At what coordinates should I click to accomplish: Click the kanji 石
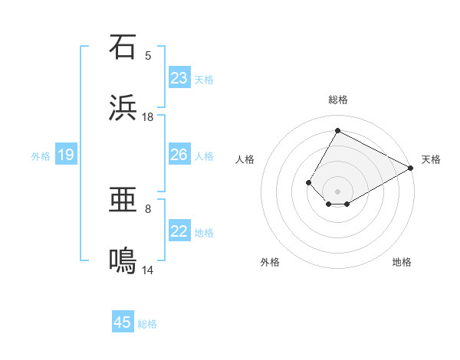coord(123,47)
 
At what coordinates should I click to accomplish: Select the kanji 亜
coord(123,201)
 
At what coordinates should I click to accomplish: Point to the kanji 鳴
coord(123,262)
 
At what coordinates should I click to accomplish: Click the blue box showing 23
coord(179,78)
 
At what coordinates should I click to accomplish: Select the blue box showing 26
coord(179,155)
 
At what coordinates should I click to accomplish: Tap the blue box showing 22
coord(179,231)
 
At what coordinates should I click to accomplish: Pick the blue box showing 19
coord(66,155)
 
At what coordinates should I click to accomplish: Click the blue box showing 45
coord(123,322)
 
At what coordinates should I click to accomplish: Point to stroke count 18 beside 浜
coord(148,117)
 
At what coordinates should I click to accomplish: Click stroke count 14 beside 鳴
coord(148,270)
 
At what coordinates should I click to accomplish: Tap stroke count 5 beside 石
coord(148,55)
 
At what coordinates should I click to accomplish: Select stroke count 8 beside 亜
coord(148,208)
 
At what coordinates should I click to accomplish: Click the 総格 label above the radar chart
coord(337,100)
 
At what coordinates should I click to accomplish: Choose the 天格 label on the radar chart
coord(431,159)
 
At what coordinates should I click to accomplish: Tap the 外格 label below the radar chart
coord(270,262)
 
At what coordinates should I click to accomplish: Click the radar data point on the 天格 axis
coord(411,168)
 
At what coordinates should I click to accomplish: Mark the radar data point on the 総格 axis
coord(337,130)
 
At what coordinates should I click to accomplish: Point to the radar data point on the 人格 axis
coord(308,182)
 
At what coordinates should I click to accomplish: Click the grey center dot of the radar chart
coord(337,191)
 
